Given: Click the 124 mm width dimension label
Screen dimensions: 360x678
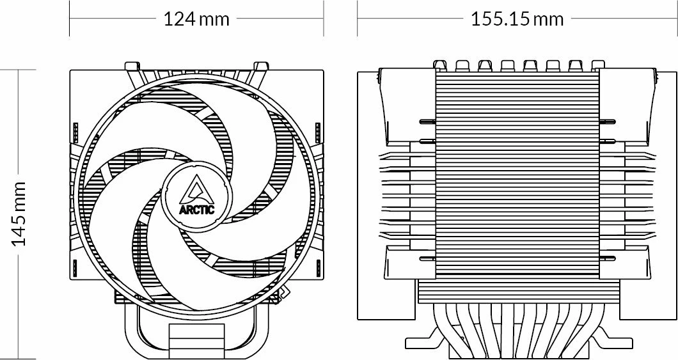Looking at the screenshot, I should (x=196, y=19).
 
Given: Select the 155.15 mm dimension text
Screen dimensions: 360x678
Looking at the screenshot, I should (x=517, y=19).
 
